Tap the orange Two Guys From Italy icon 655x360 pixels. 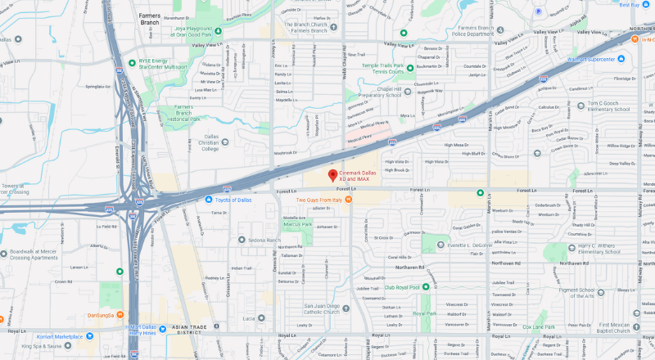pyautogui.click(x=350, y=199)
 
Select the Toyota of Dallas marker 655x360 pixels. pyautogui.click(x=209, y=199)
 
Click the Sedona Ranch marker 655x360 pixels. pyautogui.click(x=242, y=240)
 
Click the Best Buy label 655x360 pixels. pyautogui.click(x=629, y=5)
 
